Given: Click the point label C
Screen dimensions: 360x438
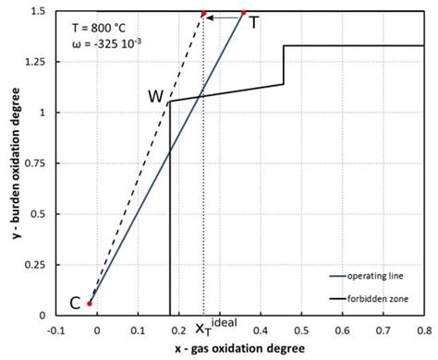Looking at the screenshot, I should point(74,302).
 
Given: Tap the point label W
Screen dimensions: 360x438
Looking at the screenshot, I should point(155,97).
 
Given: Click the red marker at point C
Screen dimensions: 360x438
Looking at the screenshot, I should point(90,303).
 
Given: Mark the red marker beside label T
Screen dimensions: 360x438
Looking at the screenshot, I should point(244,13).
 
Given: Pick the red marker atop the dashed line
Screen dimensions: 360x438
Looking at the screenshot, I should point(204,14).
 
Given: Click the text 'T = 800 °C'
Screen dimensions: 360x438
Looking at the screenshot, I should point(101,27).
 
